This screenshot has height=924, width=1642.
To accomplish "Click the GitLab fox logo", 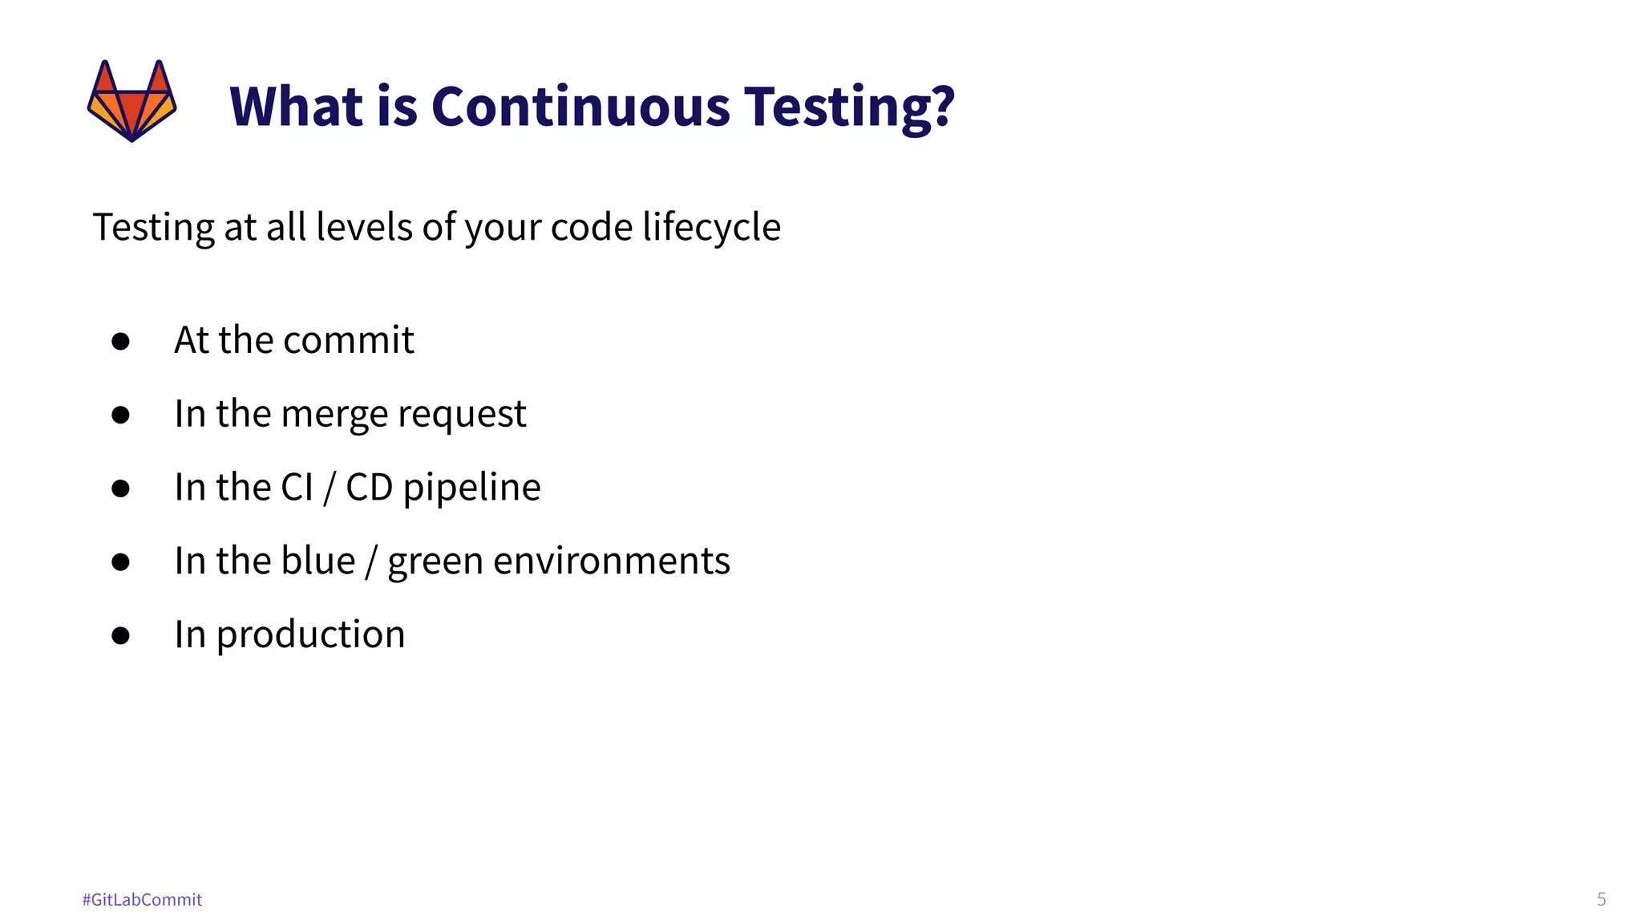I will pyautogui.click(x=131, y=100).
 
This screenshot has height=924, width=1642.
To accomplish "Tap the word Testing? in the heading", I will pyautogui.click(x=849, y=107).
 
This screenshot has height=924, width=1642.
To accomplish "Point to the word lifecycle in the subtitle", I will pyautogui.click(x=711, y=227).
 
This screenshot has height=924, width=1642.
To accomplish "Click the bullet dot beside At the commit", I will pyautogui.click(x=121, y=342).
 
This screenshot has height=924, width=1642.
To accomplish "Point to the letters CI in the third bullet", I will pyautogui.click(x=297, y=488).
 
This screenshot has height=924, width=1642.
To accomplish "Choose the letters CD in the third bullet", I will pyautogui.click(x=369, y=488).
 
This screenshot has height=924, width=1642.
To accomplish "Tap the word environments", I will pyautogui.click(x=611, y=561).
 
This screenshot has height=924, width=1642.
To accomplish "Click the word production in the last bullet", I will pyautogui.click(x=310, y=635).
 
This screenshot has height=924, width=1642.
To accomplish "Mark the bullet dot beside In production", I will pyautogui.click(x=121, y=636).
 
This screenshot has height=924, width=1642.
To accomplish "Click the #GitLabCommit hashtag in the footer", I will pyautogui.click(x=142, y=900).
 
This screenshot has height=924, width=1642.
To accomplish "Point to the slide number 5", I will pyautogui.click(x=1601, y=899).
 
